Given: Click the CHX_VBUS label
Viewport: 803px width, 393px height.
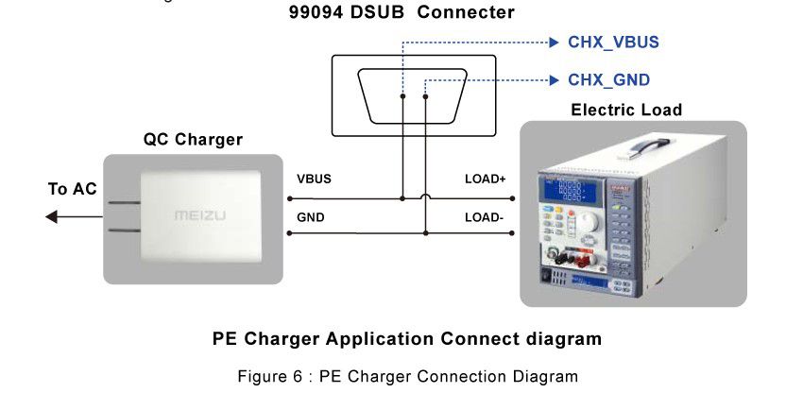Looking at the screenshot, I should click(x=613, y=43).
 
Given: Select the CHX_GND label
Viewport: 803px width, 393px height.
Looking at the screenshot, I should click(x=608, y=80).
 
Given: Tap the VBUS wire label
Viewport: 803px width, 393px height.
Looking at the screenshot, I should click(x=314, y=179).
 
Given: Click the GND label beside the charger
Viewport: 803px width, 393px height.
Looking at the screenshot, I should click(x=310, y=217).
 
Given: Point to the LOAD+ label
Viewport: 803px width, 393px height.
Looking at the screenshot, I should click(x=485, y=179).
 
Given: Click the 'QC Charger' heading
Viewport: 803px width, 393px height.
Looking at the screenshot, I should click(x=193, y=140).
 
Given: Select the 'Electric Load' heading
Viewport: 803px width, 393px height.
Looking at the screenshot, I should click(x=626, y=111).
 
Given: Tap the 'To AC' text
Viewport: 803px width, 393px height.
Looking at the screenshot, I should click(x=73, y=190).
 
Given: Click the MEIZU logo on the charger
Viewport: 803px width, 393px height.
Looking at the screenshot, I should click(x=200, y=216).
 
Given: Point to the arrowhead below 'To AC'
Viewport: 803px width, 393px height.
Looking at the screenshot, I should click(x=52, y=217).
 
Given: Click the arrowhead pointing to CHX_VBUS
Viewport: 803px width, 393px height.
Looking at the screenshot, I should click(x=554, y=43).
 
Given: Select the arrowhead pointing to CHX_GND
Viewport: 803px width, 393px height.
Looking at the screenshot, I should click(x=554, y=80).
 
